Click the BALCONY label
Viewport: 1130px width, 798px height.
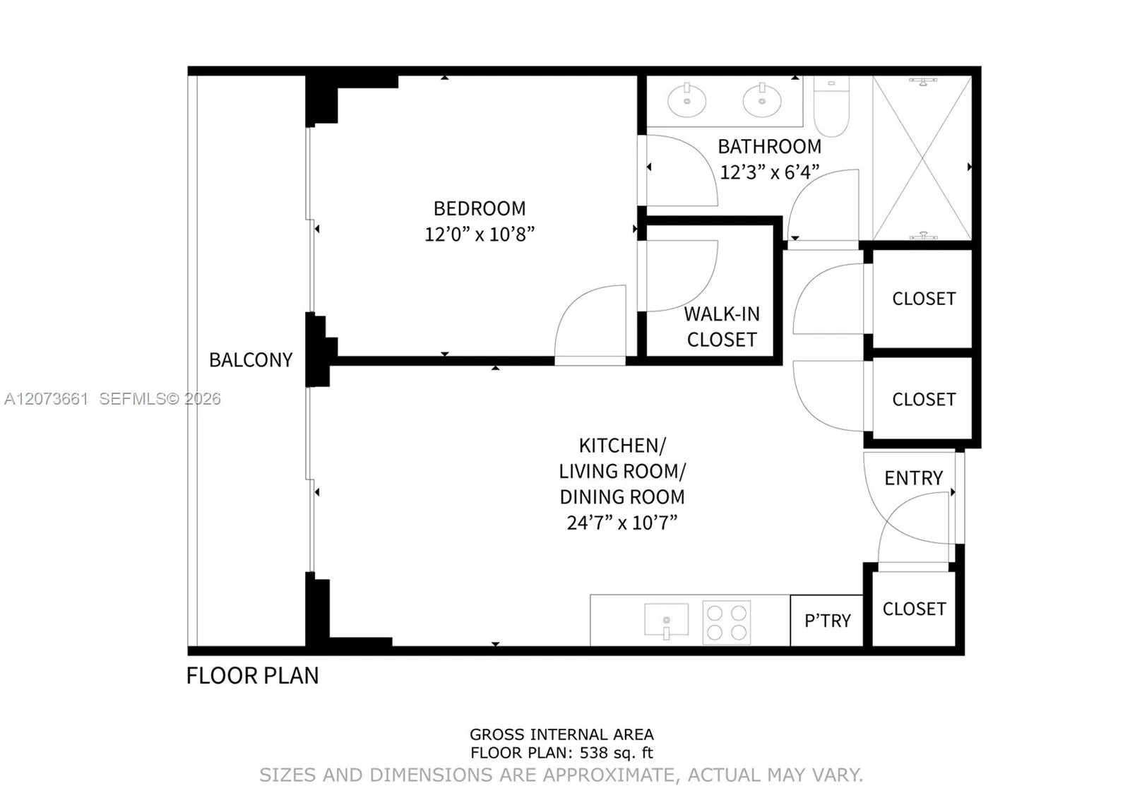tap(251, 360)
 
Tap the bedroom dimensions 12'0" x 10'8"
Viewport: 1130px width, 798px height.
tap(480, 234)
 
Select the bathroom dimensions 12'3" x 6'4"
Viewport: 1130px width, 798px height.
tap(769, 172)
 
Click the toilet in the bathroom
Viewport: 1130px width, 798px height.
tap(831, 106)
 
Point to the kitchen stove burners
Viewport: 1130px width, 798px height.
tap(727, 622)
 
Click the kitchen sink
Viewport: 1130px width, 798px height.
tap(667, 620)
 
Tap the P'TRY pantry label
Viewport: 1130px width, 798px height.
tap(828, 621)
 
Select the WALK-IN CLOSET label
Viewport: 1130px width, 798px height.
tap(722, 327)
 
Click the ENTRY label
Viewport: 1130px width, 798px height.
tap(914, 478)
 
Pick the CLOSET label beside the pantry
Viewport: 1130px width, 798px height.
tap(914, 609)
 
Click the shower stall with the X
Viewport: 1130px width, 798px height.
tap(922, 158)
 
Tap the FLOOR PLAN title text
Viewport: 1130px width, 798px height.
tap(253, 676)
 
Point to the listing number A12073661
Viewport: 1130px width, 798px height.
tap(46, 399)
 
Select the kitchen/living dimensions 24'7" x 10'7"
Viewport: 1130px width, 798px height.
tap(622, 523)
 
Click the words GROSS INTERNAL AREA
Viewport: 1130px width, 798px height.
tap(561, 734)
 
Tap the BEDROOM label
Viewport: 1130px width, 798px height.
tap(480, 209)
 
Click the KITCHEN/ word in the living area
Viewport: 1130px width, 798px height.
tap(622, 446)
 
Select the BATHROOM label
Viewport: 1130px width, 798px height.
tap(769, 147)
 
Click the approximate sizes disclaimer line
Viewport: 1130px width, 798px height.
tap(561, 775)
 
